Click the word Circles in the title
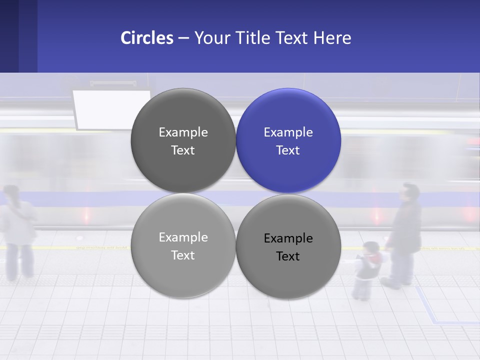coord(147,38)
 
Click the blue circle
coord(288,140)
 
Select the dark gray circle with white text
coord(183,140)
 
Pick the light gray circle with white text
coord(183,246)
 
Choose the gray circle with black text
coord(288,247)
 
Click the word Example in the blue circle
coord(288,132)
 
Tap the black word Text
coord(288,256)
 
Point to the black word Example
coord(288,238)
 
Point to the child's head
coord(371,248)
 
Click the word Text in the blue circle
coord(288,150)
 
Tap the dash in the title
coord(183,38)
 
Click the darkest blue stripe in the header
coord(9,36)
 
